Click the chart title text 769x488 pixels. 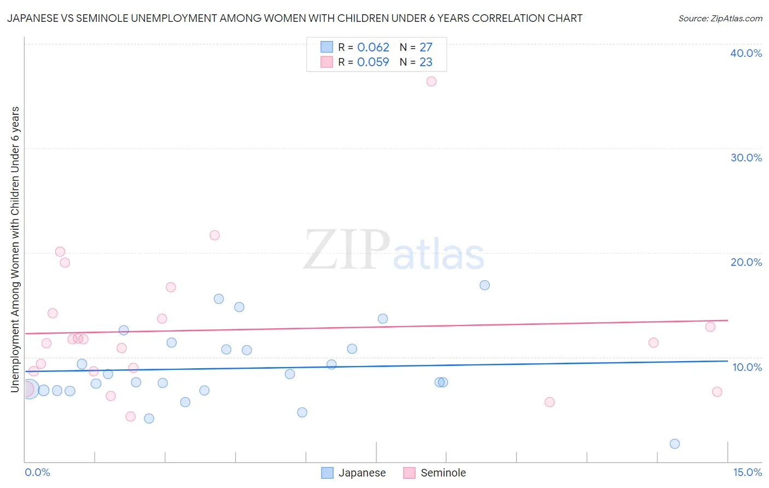[294, 18]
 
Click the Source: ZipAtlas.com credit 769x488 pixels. [720, 19]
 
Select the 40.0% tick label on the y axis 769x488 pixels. [746, 53]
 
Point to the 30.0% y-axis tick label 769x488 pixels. [746, 158]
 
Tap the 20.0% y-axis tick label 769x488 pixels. [746, 262]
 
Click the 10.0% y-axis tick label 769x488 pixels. [747, 367]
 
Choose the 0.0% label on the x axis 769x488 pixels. [37, 472]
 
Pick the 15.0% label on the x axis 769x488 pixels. [747, 472]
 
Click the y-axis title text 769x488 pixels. [15, 249]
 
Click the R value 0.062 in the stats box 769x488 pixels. [373, 48]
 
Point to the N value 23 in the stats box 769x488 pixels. [426, 62]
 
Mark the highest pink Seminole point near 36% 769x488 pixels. [431, 82]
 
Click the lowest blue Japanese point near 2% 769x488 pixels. [674, 444]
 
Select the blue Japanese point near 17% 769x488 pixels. [485, 285]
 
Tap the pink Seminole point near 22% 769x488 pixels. [214, 235]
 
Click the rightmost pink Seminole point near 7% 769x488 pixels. [717, 392]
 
